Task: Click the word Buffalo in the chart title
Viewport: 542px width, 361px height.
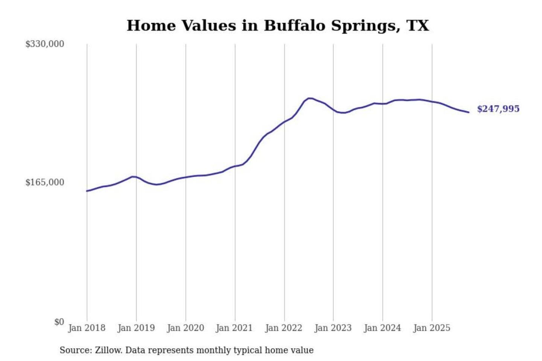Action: (295, 26)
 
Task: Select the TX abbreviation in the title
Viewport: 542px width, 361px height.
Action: (418, 26)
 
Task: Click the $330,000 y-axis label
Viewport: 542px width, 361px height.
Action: (45, 44)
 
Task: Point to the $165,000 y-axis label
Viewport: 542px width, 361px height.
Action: (45, 182)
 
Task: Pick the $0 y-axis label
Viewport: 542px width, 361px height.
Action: (59, 322)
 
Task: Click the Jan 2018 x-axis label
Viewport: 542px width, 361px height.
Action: (87, 328)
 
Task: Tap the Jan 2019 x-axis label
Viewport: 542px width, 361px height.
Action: (136, 328)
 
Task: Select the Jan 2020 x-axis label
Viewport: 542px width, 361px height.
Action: (186, 328)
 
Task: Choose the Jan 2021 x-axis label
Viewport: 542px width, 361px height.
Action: (234, 328)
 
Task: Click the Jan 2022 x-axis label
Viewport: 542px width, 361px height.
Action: (284, 328)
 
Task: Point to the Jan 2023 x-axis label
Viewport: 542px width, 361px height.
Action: (333, 328)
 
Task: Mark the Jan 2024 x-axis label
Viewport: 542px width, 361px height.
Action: (382, 328)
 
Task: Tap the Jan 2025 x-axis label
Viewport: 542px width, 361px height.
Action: (432, 328)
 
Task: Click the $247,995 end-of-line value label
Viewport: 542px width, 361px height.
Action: (498, 109)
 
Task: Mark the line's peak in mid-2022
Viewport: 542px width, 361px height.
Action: (309, 98)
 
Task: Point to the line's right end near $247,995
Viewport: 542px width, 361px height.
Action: (469, 112)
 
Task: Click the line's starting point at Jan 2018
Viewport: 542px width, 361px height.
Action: (87, 191)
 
